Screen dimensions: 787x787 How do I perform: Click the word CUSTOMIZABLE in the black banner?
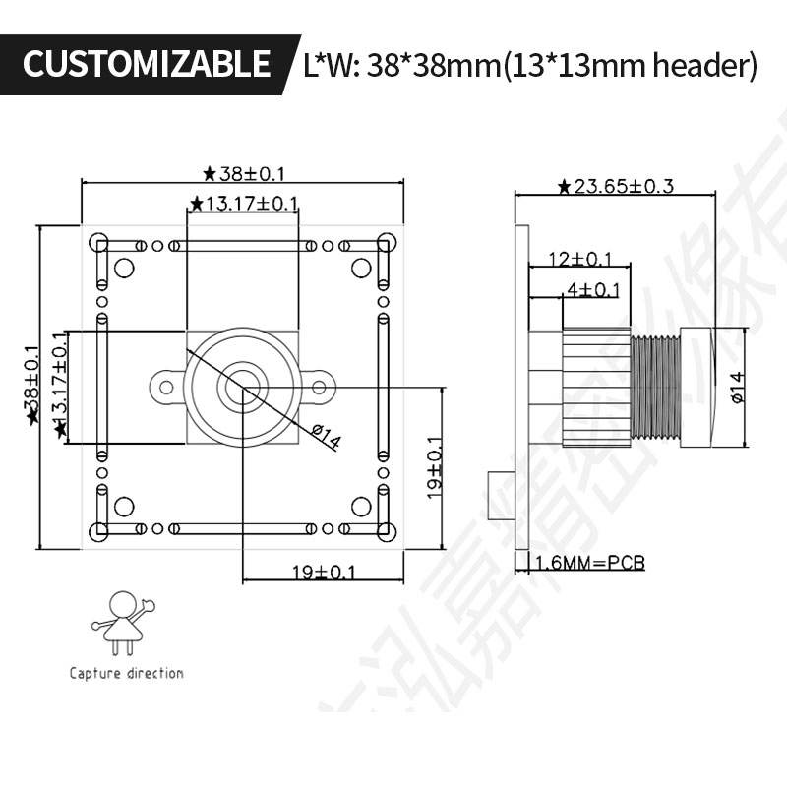tap(146, 64)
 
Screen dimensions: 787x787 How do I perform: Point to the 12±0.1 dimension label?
tap(579, 259)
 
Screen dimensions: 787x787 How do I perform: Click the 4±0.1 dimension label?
tap(593, 289)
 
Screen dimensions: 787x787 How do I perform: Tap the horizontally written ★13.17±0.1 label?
tap(243, 204)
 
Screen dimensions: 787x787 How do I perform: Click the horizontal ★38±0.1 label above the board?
tap(243, 174)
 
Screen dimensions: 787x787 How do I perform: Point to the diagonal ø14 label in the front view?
tap(324, 435)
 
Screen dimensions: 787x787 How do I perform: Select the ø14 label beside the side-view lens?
tap(737, 387)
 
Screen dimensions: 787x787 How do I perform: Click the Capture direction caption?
tap(126, 674)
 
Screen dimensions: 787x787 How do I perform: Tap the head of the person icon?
tap(124, 602)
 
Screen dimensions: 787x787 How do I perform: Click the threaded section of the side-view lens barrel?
tap(655, 387)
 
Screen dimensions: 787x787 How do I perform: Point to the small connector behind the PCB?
tap(501, 496)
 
